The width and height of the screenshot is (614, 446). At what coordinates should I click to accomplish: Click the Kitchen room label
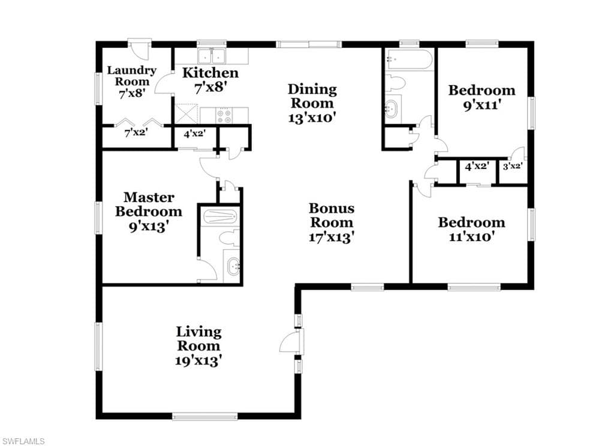point(210,73)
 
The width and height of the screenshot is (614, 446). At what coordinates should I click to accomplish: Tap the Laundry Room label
point(132,76)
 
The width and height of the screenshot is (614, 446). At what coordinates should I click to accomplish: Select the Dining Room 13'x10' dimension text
point(312,117)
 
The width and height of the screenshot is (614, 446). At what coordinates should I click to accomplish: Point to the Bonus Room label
point(332,215)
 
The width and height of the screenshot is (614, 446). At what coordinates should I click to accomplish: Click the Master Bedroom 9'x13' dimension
point(149,227)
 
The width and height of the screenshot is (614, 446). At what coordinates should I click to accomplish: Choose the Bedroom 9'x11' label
point(481,91)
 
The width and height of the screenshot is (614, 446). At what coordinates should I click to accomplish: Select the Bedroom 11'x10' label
point(471,222)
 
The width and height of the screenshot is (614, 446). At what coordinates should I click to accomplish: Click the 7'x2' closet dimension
point(136,133)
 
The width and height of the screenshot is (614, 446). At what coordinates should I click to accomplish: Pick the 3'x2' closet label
point(513,167)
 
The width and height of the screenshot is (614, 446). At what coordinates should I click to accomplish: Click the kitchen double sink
point(212,56)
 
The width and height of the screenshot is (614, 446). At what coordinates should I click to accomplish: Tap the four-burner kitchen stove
point(225,116)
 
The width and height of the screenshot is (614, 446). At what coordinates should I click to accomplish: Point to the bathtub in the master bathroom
point(219,216)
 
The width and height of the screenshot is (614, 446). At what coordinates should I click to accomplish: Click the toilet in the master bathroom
point(228,237)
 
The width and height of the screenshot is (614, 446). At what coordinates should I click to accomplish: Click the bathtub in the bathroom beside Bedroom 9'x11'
point(409,60)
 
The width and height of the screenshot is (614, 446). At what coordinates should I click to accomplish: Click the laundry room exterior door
point(140,47)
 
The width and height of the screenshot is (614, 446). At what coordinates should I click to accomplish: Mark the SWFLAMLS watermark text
point(23,441)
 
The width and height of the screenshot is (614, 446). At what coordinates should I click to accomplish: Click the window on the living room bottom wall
point(205,416)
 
